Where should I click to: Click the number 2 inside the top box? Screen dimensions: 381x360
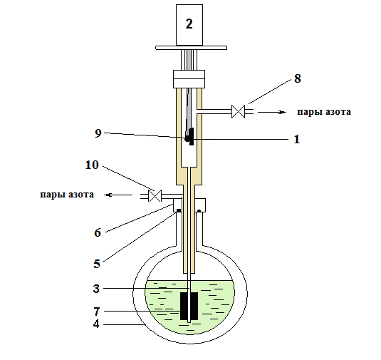189,24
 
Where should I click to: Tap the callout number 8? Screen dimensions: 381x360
298,78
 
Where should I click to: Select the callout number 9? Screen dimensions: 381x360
98,133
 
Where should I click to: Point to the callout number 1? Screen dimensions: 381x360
297,140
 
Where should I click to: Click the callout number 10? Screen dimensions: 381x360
92,165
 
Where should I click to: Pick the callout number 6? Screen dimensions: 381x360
98,232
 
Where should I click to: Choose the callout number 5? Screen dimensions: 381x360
97,264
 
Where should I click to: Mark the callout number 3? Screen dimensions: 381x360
96,289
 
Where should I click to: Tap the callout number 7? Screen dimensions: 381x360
96,311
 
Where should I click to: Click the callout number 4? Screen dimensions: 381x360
96,324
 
